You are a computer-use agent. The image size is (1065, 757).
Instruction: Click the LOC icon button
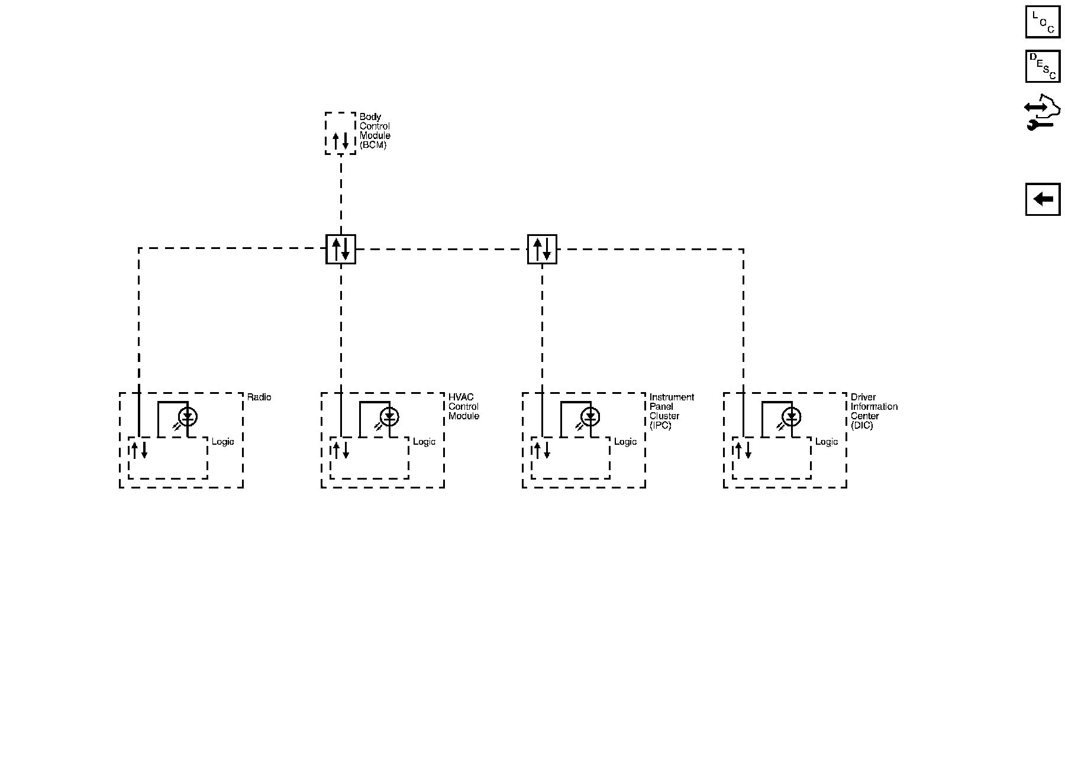pyautogui.click(x=1043, y=21)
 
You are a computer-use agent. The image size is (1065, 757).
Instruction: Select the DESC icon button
pyautogui.click(x=1043, y=66)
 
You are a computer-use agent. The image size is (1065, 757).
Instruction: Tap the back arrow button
pyautogui.click(x=1043, y=199)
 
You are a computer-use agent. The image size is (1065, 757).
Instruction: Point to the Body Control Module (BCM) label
pyautogui.click(x=375, y=131)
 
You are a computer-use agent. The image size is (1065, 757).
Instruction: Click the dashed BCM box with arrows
pyautogui.click(x=341, y=134)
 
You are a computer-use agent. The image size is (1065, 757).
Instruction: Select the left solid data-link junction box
pyautogui.click(x=341, y=249)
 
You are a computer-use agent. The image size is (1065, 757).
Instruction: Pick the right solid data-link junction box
pyautogui.click(x=542, y=249)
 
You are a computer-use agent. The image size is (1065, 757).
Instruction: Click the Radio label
pyautogui.click(x=259, y=397)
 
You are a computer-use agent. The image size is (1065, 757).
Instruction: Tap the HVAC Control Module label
pyautogui.click(x=463, y=407)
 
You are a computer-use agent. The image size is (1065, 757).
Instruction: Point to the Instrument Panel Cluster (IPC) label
pyautogui.click(x=671, y=411)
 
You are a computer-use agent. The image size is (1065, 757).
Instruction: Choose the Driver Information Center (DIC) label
pyautogui.click(x=873, y=411)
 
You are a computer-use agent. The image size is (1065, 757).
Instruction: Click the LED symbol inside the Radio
pyautogui.click(x=188, y=417)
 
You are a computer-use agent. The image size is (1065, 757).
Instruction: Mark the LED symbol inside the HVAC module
pyautogui.click(x=389, y=417)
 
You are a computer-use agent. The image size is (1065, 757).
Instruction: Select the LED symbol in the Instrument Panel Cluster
pyautogui.click(x=590, y=417)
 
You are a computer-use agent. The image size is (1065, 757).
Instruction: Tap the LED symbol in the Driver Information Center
pyautogui.click(x=791, y=417)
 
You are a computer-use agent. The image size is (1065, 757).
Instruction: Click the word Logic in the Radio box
pyautogui.click(x=223, y=442)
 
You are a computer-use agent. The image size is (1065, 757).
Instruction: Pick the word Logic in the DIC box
pyautogui.click(x=827, y=442)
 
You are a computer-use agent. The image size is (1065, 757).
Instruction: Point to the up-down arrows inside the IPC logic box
pyautogui.click(x=541, y=450)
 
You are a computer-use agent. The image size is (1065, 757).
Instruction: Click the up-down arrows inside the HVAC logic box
pyautogui.click(x=341, y=450)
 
